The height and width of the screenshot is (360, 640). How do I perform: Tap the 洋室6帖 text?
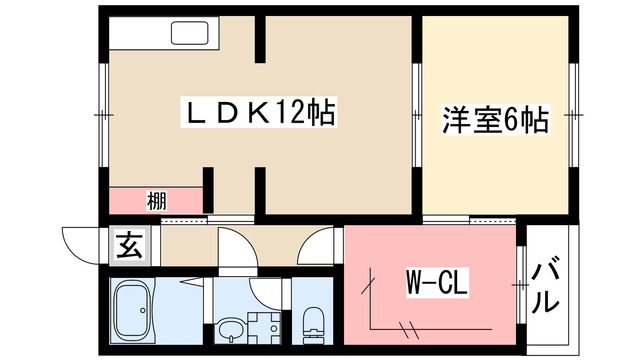496,121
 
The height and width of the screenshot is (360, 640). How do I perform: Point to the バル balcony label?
547,287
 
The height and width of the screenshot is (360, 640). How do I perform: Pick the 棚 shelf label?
156,199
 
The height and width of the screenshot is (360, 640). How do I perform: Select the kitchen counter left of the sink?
140,34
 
